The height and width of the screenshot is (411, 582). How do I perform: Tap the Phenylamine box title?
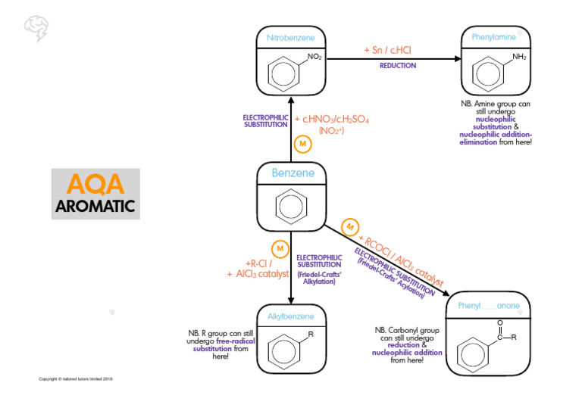point(493,37)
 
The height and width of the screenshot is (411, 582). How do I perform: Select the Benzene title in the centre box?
point(293,173)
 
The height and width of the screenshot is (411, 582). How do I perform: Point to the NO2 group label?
point(314,57)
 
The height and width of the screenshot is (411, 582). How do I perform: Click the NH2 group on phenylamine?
point(519,57)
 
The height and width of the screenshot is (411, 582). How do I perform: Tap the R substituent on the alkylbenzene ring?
point(311,334)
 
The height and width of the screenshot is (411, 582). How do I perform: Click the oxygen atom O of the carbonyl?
point(499,322)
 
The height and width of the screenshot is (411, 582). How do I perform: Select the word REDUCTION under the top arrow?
point(398,66)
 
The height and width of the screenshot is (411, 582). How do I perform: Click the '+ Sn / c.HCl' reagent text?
point(387,50)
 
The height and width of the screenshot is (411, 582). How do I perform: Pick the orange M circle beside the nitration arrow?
point(302,144)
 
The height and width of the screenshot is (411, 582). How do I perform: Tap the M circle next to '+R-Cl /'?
point(280,249)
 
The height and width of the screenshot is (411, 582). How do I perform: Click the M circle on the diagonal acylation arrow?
point(350,226)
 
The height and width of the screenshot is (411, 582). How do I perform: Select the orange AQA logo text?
point(95,185)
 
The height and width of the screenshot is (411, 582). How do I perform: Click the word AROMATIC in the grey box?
point(95,206)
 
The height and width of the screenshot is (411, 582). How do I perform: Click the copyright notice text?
point(76,378)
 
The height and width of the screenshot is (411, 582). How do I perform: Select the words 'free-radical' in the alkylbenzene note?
point(235,341)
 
